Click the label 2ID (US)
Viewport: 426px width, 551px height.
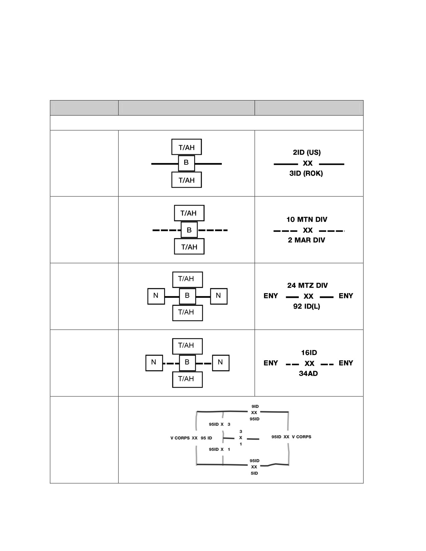coord(306,153)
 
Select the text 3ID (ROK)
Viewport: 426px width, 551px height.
coord(306,173)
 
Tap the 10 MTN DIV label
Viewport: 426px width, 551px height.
coord(307,219)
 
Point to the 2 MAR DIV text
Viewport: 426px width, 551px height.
coord(306,240)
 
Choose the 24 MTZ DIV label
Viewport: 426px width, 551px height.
coord(307,286)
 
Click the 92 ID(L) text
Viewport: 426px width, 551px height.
coord(306,306)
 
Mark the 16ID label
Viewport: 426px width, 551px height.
coord(309,353)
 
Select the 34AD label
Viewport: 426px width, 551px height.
coord(308,373)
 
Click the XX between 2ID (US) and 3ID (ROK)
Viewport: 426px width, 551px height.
coord(308,163)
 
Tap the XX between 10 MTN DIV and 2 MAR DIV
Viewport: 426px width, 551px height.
coord(308,230)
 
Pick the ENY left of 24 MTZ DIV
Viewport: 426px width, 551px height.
coord(271,296)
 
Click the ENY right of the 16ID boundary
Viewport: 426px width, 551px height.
coord(346,363)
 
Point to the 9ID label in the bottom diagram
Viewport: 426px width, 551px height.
coord(255,406)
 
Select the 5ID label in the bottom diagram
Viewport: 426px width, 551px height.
coord(254,473)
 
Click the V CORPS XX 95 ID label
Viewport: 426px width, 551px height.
coord(191,438)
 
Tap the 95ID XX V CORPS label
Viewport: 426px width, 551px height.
coord(291,437)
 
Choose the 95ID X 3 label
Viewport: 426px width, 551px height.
coord(220,424)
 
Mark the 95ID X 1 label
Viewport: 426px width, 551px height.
coord(220,449)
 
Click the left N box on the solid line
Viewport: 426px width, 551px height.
coord(156,296)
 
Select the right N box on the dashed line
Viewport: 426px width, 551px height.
coord(221,363)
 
